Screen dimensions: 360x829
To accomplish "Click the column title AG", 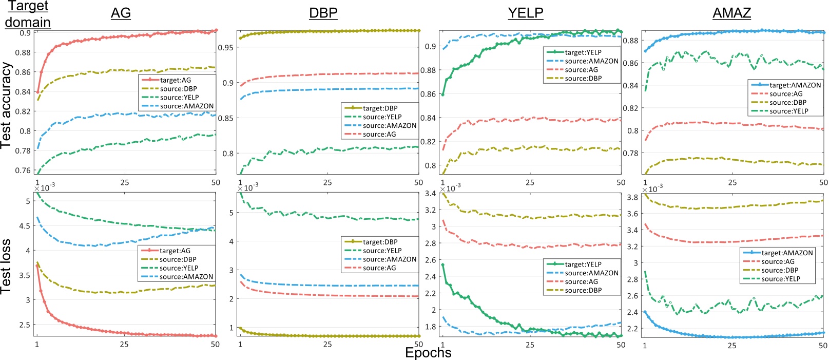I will [121, 13].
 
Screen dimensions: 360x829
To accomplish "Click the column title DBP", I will [323, 13].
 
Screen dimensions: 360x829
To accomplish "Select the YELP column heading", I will [525, 13].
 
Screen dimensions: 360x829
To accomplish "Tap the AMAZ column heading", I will [731, 13].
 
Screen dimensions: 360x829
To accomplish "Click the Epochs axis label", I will [428, 352].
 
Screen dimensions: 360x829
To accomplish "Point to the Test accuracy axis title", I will [6, 105].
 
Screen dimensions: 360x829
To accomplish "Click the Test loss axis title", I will [6, 266].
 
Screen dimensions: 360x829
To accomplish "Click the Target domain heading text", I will [28, 14].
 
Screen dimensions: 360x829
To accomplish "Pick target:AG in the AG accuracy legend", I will [175, 80].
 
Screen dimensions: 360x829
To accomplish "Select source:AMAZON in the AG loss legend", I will [186, 277].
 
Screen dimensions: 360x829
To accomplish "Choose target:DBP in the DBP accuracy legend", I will [380, 108].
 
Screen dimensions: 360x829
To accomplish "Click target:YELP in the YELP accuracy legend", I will [583, 52].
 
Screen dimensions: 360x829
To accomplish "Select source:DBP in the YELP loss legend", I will [583, 291].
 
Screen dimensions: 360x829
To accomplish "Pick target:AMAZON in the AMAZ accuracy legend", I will [795, 85].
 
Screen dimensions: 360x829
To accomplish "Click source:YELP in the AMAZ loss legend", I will [781, 279].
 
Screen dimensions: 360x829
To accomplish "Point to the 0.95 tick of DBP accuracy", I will [225, 48].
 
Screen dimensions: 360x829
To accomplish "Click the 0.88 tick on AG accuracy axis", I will [23, 52].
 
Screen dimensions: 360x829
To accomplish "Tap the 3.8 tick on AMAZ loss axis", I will [632, 197].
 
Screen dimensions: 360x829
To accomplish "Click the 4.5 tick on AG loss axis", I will [25, 226].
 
